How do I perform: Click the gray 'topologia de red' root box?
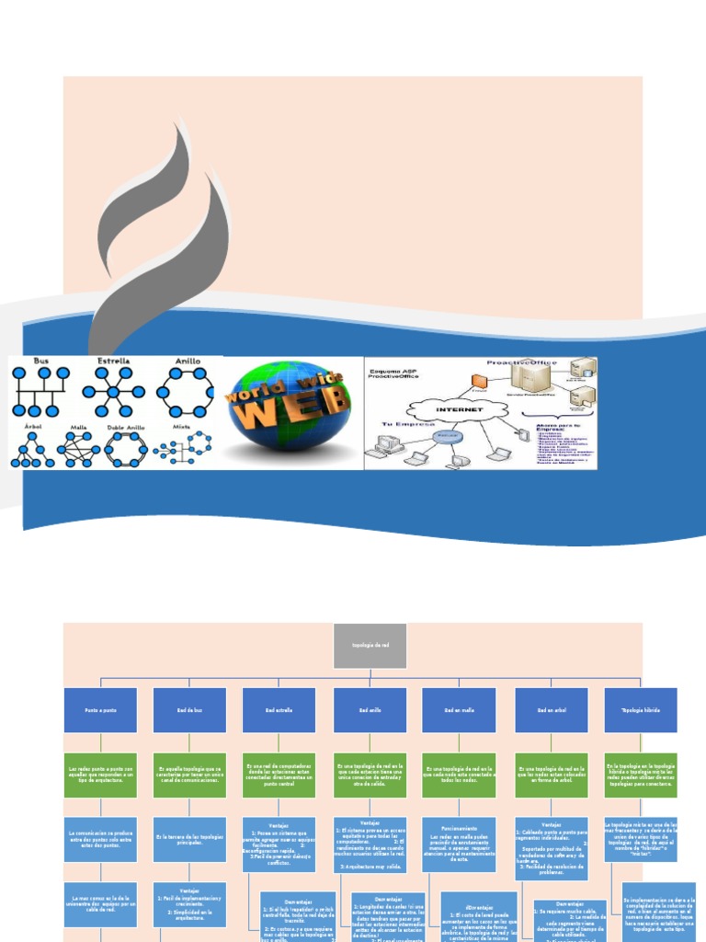click(370, 645)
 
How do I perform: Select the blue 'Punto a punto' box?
click(100, 710)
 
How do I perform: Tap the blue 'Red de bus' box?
click(189, 710)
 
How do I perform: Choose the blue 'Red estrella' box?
click(279, 710)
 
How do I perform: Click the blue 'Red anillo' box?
click(370, 710)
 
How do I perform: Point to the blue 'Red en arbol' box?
click(551, 710)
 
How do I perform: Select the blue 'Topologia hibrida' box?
click(641, 710)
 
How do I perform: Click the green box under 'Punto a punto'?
click(100, 775)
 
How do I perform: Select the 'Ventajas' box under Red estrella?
click(279, 844)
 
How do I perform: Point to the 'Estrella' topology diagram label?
click(113, 362)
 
